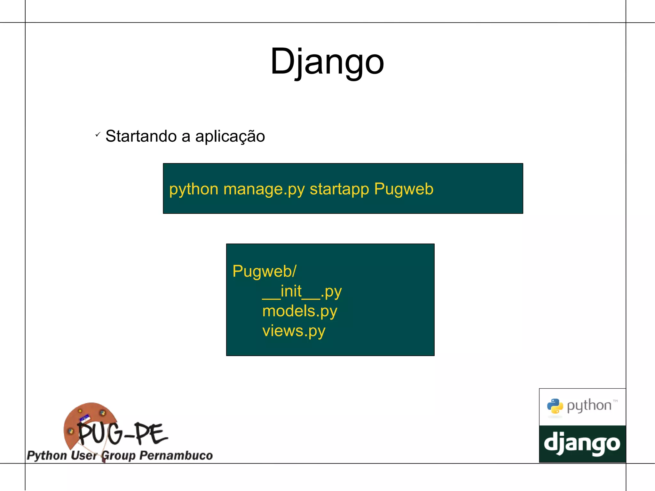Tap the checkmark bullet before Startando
click(98, 135)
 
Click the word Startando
click(141, 136)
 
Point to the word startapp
click(339, 189)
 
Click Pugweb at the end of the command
click(404, 189)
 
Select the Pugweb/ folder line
click(264, 272)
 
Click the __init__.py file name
click(302, 292)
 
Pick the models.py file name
click(300, 311)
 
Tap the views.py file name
click(294, 331)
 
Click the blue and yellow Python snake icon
click(555, 406)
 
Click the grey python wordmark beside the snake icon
click(589, 406)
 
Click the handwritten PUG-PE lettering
click(122, 434)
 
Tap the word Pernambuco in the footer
click(176, 455)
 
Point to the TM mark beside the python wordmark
click(615, 401)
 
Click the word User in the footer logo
click(83, 455)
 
